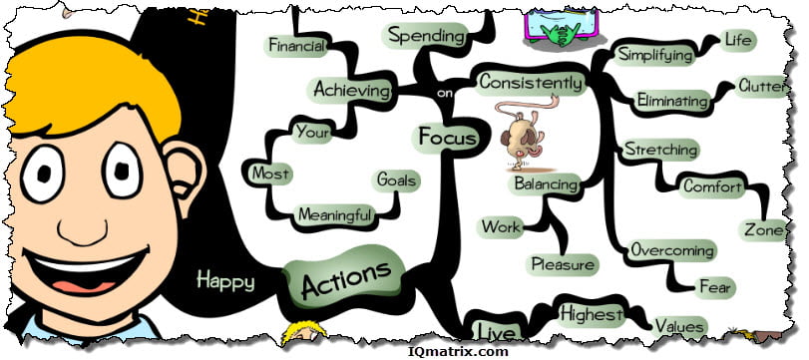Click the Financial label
click(297, 45)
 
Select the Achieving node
click(351, 90)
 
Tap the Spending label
click(426, 36)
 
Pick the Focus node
click(446, 137)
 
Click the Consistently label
click(530, 83)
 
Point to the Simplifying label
click(655, 54)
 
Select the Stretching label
click(659, 150)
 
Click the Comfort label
click(712, 185)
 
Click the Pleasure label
click(563, 265)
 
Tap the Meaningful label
click(335, 214)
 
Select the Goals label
click(396, 180)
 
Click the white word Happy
click(224, 280)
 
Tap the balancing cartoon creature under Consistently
click(518, 135)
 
